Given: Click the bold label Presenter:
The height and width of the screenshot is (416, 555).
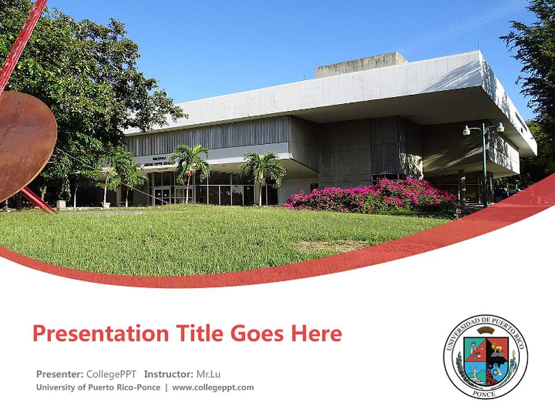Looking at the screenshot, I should click(x=60, y=374).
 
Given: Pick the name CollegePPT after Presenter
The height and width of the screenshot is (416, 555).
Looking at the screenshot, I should click(x=112, y=374).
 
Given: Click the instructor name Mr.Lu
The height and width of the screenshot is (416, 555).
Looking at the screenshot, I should click(x=208, y=374).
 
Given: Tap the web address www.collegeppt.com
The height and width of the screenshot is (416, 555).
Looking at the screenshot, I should click(x=213, y=388).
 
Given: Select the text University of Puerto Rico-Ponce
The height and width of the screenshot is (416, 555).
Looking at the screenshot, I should click(x=98, y=388).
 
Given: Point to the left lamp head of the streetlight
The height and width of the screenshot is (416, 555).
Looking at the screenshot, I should click(x=467, y=131).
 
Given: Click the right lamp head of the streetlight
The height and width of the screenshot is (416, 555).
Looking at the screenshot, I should click(x=500, y=128).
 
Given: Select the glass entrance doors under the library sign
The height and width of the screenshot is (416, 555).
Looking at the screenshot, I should click(x=162, y=195).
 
